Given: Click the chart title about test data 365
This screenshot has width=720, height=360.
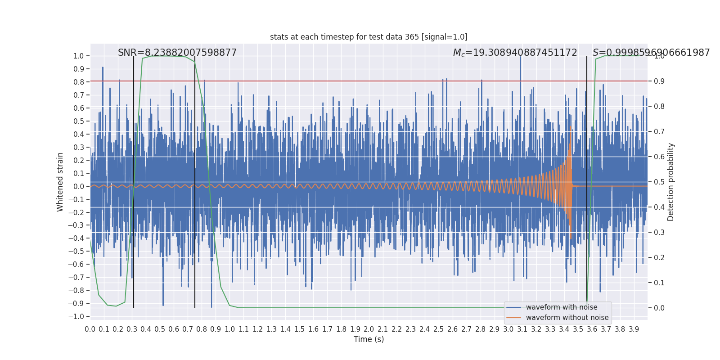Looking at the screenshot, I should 369,37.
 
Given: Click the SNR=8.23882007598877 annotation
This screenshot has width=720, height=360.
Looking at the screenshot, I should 177,53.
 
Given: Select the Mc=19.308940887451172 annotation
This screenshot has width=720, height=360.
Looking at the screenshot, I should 515,53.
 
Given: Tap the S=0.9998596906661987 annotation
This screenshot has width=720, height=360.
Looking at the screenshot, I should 651,53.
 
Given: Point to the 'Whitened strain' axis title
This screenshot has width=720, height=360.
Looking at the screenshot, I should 60,182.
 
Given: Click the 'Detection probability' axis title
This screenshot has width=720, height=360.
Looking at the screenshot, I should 671,182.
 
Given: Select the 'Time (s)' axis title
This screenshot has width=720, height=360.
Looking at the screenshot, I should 369,339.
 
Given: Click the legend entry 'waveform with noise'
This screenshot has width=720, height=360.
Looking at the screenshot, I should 561,307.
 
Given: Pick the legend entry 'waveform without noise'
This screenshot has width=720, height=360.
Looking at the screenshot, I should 567,318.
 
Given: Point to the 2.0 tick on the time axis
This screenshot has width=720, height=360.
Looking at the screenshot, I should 369,329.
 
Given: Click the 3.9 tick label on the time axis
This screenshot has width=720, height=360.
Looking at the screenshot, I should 634,329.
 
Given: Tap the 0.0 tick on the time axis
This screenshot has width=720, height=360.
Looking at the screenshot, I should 90,329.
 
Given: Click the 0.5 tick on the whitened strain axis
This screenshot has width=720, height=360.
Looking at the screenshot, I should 79,121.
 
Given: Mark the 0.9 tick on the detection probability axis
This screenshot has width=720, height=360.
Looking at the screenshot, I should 659,81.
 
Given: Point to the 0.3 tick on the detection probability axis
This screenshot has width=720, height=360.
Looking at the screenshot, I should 659,233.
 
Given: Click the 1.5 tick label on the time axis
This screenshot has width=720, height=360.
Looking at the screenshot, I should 299,329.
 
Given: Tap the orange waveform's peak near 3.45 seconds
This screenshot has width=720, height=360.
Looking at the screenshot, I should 571,127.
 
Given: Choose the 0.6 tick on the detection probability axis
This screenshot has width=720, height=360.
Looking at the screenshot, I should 659,157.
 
